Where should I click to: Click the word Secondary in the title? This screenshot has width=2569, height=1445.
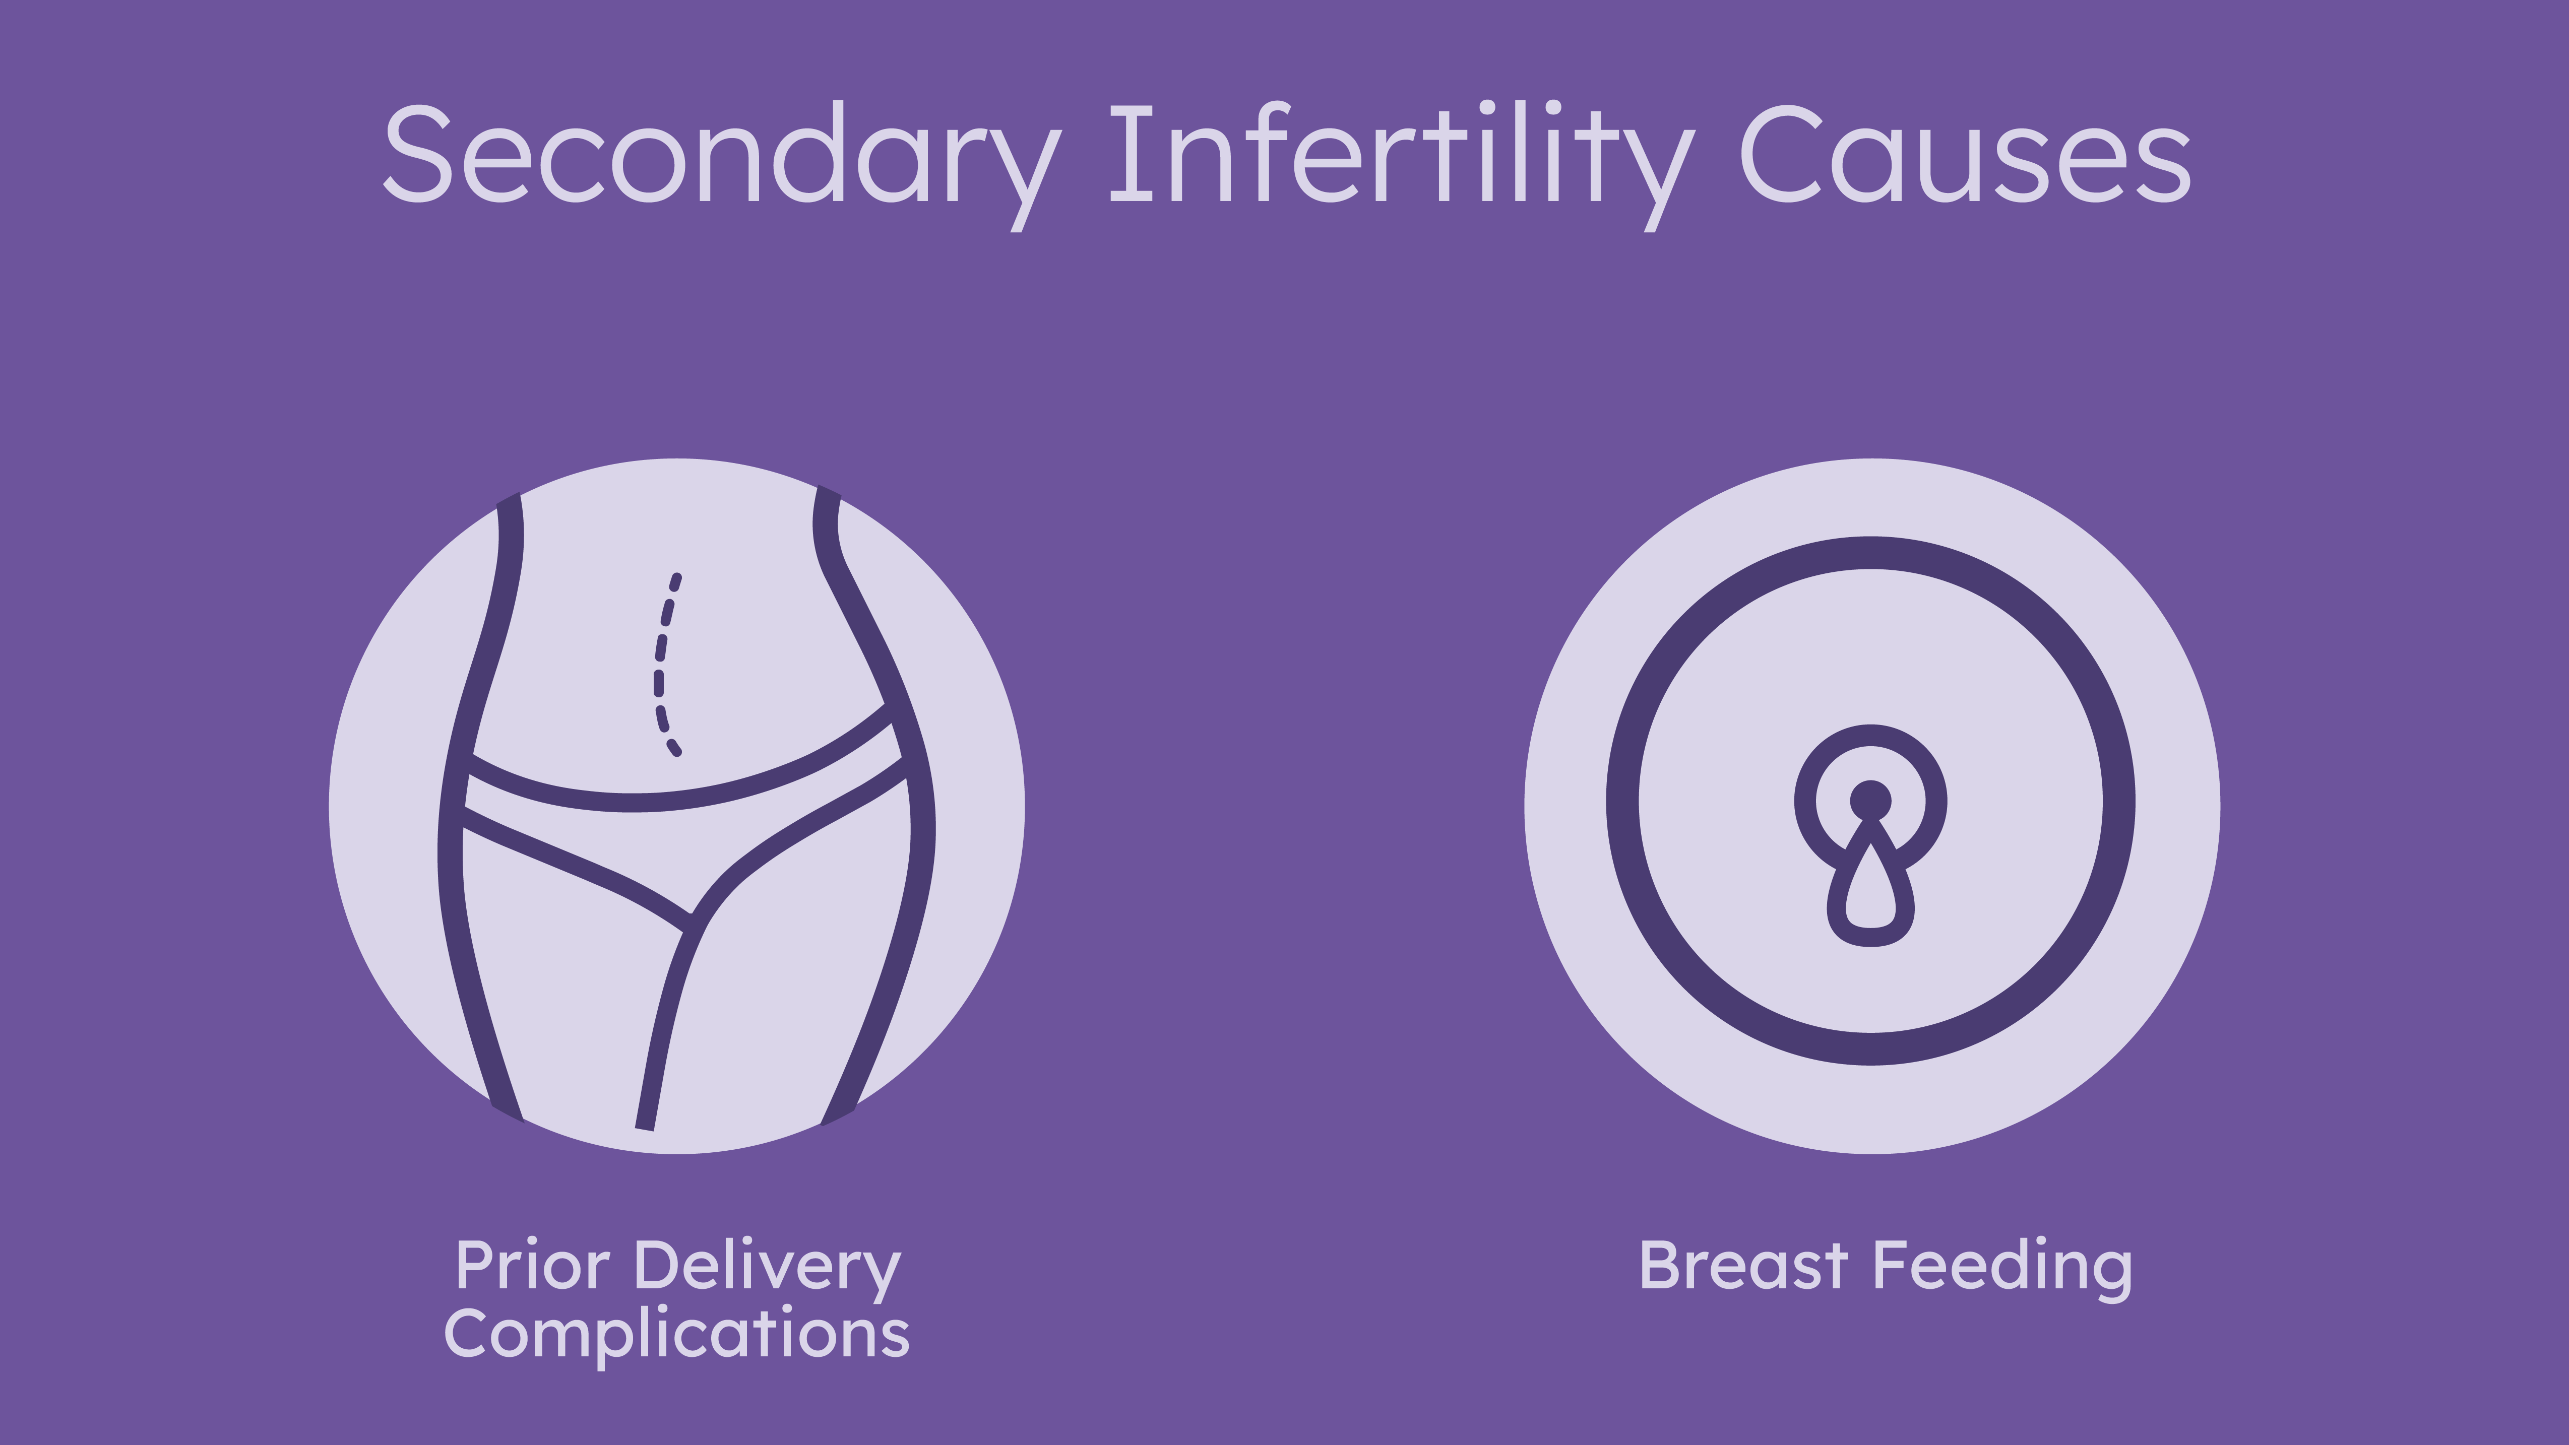(722, 166)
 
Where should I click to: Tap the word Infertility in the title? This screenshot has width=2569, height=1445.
(1401, 166)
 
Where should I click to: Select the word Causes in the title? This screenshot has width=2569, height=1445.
(1965, 155)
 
